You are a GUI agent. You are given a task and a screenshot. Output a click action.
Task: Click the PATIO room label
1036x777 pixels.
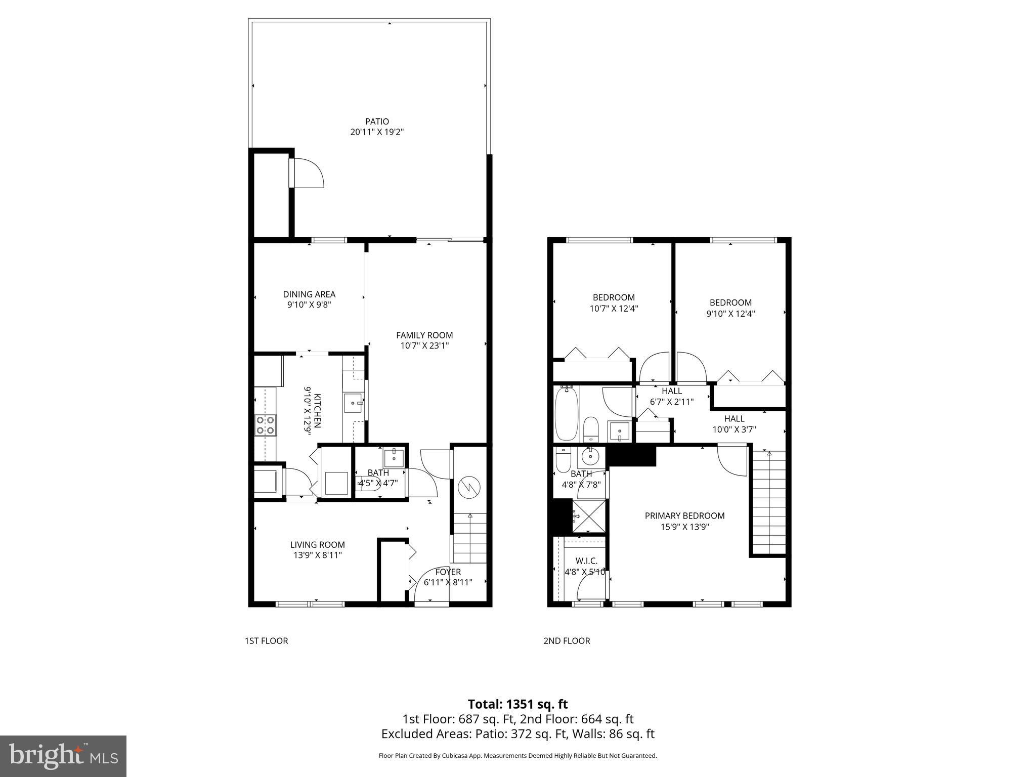click(x=377, y=121)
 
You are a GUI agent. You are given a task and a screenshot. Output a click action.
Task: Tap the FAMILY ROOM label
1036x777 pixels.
click(x=424, y=335)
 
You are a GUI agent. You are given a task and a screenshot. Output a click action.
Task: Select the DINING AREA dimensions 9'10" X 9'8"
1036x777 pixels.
click(x=309, y=305)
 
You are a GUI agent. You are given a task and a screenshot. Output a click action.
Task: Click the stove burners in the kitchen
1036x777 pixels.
click(x=265, y=424)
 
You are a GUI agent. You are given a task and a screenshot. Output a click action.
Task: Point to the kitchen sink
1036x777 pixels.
click(x=353, y=403)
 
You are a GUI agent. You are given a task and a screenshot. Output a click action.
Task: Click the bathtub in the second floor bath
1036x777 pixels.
click(x=566, y=414)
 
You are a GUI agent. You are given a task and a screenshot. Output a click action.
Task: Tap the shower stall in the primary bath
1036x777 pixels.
click(x=589, y=516)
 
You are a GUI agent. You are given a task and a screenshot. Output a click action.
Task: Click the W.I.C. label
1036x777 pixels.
click(x=586, y=561)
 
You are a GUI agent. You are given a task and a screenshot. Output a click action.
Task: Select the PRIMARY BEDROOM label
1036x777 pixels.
click(x=684, y=515)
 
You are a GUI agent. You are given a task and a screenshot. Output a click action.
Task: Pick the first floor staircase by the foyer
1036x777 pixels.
click(x=470, y=538)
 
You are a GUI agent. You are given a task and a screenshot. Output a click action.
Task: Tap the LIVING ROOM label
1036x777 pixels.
click(x=317, y=545)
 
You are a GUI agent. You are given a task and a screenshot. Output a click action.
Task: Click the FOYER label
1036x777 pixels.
click(x=448, y=572)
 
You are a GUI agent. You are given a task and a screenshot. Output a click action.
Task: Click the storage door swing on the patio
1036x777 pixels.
click(x=309, y=174)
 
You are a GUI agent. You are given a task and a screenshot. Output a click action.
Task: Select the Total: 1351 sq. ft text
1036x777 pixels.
click(x=517, y=704)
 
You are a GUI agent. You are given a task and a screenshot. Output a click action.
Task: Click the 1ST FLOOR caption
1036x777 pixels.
click(x=266, y=641)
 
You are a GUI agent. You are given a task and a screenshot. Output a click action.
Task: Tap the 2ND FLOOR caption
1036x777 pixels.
click(x=567, y=641)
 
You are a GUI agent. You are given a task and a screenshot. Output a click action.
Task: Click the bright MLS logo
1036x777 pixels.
click(x=63, y=756)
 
